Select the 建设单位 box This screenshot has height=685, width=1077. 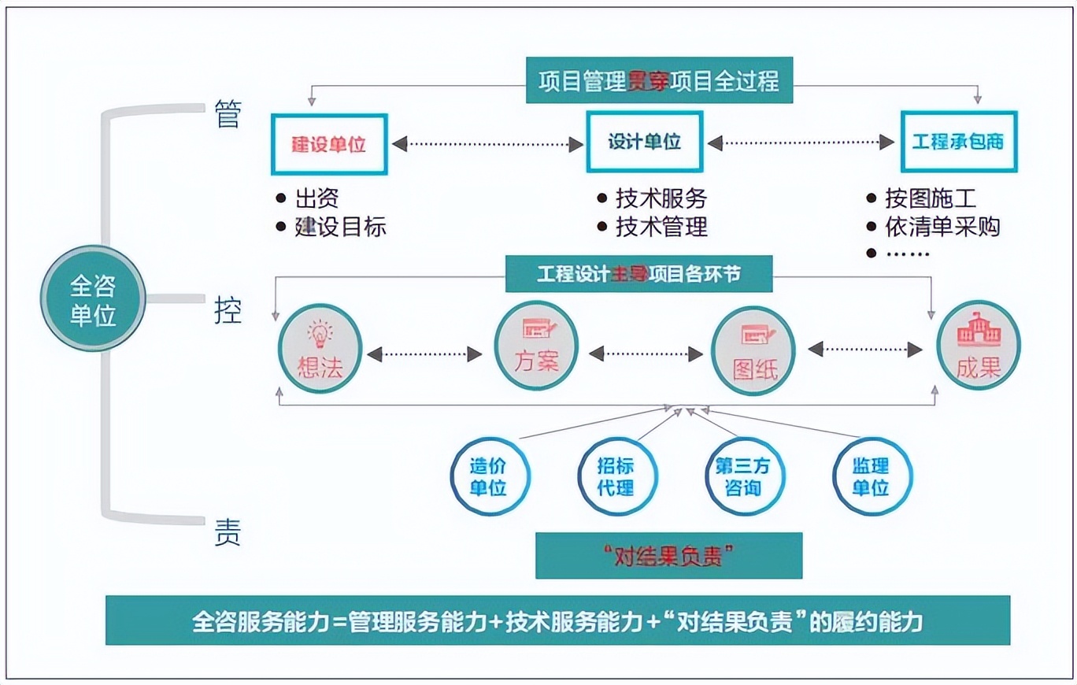click(329, 143)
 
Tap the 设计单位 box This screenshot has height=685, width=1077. click(644, 142)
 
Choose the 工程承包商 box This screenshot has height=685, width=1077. click(958, 142)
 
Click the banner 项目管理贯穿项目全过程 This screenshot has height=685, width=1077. click(659, 81)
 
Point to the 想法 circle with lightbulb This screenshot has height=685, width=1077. click(320, 348)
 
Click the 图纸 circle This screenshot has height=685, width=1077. click(753, 348)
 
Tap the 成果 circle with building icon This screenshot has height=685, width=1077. click(978, 346)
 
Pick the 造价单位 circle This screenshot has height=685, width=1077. click(489, 476)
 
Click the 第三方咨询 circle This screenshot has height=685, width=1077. click(743, 476)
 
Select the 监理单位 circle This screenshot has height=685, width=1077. click(871, 476)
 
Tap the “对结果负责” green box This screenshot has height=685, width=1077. click(668, 556)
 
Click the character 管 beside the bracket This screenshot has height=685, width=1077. click(228, 116)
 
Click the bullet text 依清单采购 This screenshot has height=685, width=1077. click(942, 227)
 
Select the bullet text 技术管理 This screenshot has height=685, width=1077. click(661, 227)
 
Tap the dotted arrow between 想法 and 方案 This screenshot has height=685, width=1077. click(424, 354)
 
